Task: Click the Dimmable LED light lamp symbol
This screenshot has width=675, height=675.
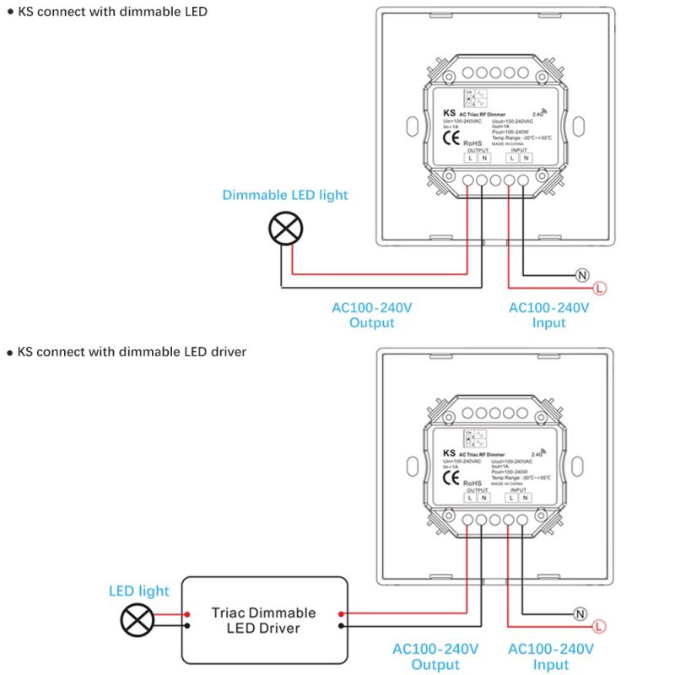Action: pyautogui.click(x=285, y=228)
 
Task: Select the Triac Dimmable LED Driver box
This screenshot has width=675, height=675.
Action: pyautogui.click(x=265, y=620)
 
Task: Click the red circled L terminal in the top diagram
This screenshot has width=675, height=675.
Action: pyautogui.click(x=598, y=289)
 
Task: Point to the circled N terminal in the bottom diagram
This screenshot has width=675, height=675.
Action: pyautogui.click(x=580, y=613)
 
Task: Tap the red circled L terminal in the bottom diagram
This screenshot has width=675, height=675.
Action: pyautogui.click(x=598, y=626)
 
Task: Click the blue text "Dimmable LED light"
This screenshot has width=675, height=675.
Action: pyautogui.click(x=285, y=195)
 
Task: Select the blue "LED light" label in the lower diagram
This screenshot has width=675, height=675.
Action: pyautogui.click(x=139, y=591)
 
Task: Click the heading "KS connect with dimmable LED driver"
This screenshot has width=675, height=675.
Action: pyautogui.click(x=132, y=351)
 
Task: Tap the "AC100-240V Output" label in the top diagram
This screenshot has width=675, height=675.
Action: pyautogui.click(x=372, y=316)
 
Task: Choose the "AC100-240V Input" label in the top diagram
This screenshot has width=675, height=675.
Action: pyautogui.click(x=548, y=316)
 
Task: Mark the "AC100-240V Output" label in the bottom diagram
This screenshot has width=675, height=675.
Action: pyautogui.click(x=435, y=657)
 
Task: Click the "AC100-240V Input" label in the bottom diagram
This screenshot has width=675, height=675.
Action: pyautogui.click(x=551, y=657)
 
